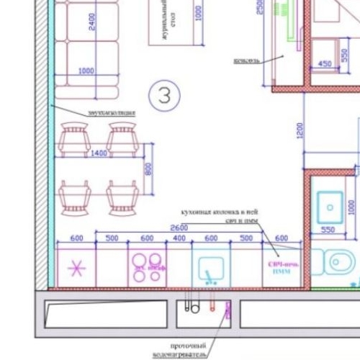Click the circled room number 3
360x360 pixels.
(164, 95)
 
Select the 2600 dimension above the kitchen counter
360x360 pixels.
(179, 228)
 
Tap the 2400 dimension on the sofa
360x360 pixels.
(91, 23)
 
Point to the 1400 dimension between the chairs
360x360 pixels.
(99, 153)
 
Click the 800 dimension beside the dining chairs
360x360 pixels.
(148, 169)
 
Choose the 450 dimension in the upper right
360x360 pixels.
(325, 65)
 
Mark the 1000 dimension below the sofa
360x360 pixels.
(86, 71)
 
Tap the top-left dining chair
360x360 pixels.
(75, 137)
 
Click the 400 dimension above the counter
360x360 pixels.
(179, 238)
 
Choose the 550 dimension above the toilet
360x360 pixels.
(328, 230)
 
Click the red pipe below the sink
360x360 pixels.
(212, 305)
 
